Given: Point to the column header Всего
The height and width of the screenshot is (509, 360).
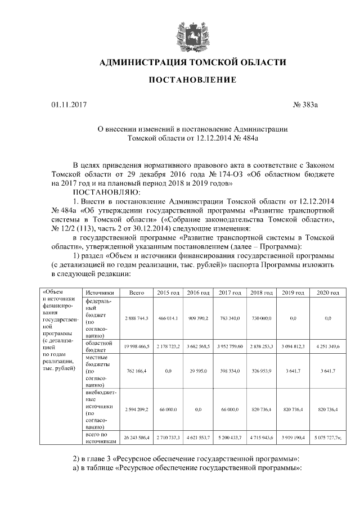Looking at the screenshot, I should [137, 293].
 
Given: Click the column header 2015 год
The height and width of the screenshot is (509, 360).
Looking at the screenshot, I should [168, 293].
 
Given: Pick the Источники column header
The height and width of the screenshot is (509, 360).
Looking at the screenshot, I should [100, 293].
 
